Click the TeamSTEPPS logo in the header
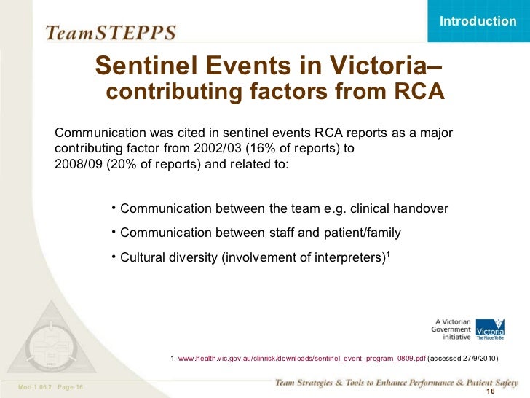tap(110, 32)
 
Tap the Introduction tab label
tap(478, 21)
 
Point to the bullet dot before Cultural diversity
tap(114, 255)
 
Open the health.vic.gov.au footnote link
tap(301, 359)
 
